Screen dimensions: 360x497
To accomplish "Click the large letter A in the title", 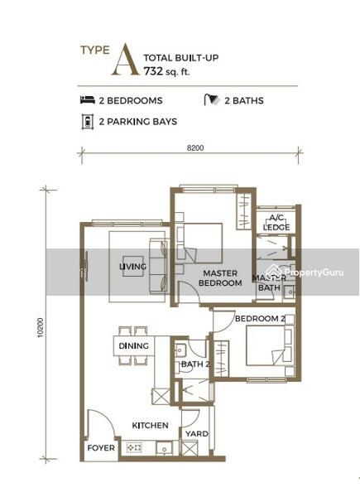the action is (126, 60).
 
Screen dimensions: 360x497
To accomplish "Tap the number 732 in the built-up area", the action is (153, 71).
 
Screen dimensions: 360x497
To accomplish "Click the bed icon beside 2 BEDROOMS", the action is (88, 100).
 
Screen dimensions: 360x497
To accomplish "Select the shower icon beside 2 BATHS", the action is (212, 99).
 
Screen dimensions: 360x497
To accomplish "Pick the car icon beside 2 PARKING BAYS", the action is (88, 122).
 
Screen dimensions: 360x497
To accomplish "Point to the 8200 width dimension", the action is (195, 148).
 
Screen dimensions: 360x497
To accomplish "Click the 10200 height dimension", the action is (41, 327).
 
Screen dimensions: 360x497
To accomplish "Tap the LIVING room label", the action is (133, 266).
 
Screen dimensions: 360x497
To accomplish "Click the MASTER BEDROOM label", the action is (220, 278).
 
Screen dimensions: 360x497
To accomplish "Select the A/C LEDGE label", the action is (276, 223).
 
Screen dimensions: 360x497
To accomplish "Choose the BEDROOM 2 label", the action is (260, 319).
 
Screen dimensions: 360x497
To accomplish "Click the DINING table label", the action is (133, 345).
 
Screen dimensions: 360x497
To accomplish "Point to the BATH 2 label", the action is (195, 364).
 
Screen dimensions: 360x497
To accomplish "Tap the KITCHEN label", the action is (150, 425).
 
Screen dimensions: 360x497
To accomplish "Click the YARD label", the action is (197, 433).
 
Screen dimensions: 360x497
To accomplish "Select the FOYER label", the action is (101, 448).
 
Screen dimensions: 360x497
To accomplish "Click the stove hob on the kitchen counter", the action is (134, 447).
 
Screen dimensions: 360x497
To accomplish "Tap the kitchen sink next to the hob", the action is (164, 448).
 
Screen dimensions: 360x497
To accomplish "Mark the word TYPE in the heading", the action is (95, 50).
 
